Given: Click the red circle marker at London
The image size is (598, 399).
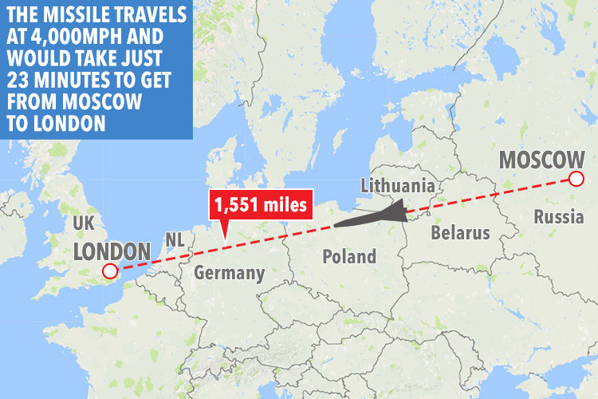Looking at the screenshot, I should pyautogui.click(x=110, y=273).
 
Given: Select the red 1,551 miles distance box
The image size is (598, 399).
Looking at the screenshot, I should pyautogui.click(x=260, y=206).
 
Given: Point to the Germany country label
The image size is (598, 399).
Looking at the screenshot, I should pyautogui.click(x=230, y=273).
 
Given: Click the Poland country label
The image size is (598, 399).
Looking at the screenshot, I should pyautogui.click(x=348, y=256).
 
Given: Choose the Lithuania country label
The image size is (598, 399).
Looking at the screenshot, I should pyautogui.click(x=397, y=185).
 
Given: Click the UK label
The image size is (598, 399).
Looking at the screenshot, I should pyautogui.click(x=84, y=223).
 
